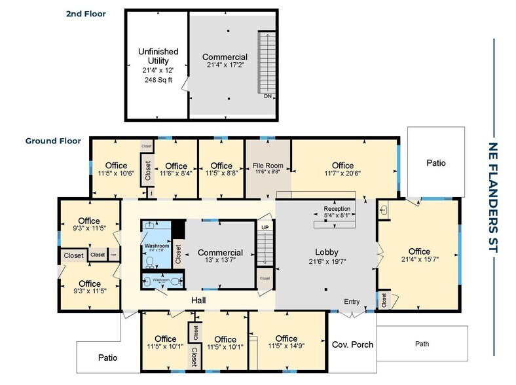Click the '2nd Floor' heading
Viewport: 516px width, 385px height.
pos(86,13)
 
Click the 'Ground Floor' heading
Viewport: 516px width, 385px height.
pos(53,141)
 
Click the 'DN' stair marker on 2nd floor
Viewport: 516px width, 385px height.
pos(267,96)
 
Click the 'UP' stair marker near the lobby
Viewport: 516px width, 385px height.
pos(265,227)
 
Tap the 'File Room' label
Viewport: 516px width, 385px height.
pos(267,166)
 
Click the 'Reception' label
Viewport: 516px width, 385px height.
pos(337,210)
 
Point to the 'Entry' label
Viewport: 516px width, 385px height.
pos(352,301)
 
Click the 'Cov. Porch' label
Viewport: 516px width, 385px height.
pos(348,344)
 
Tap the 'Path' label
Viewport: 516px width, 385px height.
pos(422,343)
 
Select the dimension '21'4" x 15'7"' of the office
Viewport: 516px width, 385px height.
pos(419,262)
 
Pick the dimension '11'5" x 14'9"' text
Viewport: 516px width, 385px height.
pos(286,348)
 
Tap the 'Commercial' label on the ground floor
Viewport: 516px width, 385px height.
pos(220,253)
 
